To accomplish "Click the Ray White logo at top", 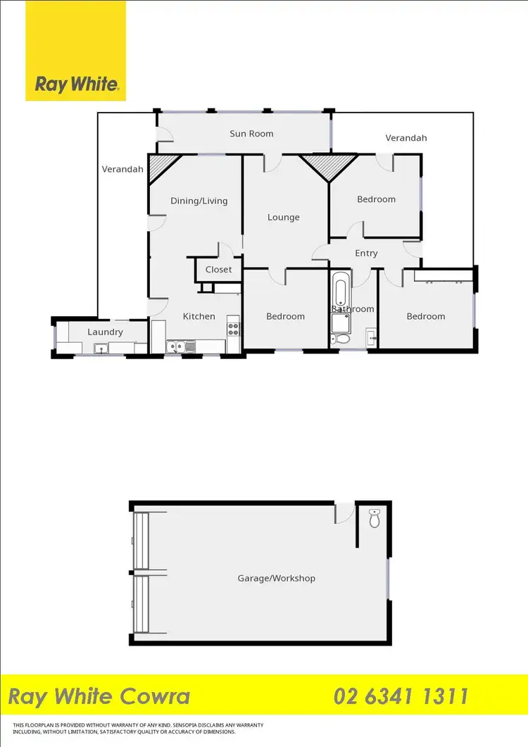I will tap(76, 85).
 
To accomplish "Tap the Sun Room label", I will tap(251, 134).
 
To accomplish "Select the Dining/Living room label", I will tap(199, 201).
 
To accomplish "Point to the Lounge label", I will tap(284, 218).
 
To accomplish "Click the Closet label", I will tap(218, 270).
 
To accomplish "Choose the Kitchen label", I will tap(199, 317).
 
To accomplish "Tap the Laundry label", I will tap(106, 332).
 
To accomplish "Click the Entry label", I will tap(366, 253).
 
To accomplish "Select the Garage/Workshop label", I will tap(276, 579).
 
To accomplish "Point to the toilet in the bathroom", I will tap(341, 339).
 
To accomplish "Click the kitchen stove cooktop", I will tap(233, 327).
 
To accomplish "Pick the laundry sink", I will tap(101, 347).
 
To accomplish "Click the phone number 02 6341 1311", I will tap(401, 697).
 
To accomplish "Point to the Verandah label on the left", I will tap(122, 169).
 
